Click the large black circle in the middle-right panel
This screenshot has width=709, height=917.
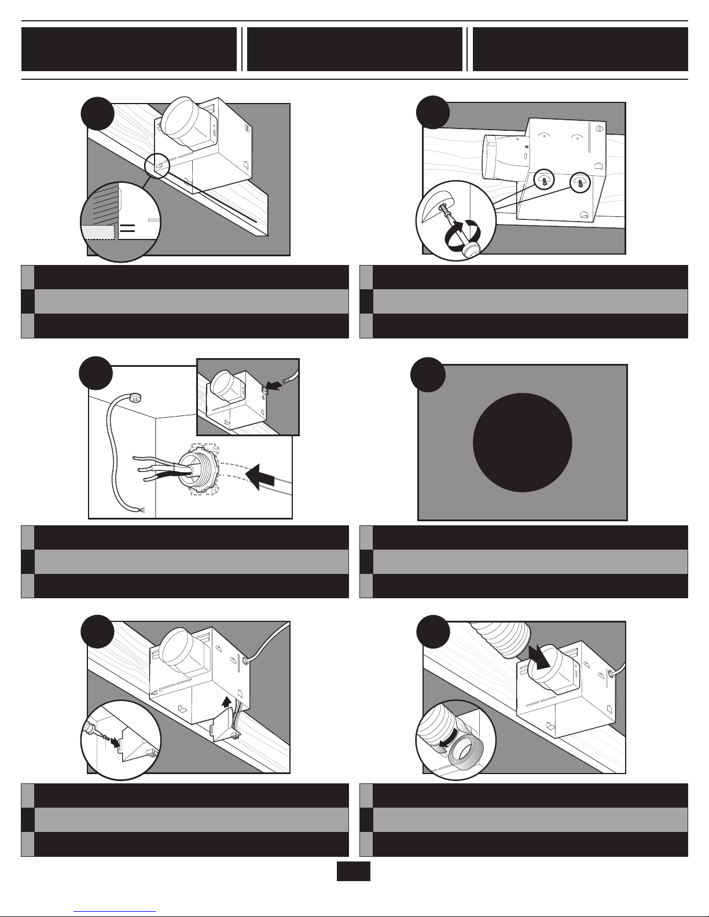pos(523,443)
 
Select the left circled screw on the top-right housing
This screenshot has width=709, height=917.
pos(544,180)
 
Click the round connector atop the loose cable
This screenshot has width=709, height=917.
pos(134,398)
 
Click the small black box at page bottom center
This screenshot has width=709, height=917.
pos(353,871)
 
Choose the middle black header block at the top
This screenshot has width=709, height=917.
pos(354,49)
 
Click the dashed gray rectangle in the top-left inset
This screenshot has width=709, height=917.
pos(98,232)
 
